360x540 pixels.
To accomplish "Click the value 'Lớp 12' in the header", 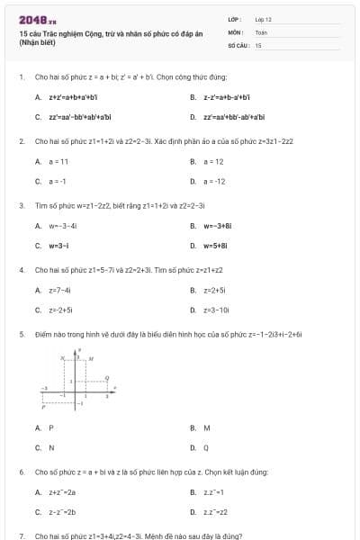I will [x=263, y=19].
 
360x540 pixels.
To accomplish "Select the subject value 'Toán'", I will [x=261, y=31].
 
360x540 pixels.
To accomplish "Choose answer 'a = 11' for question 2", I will [x=59, y=161].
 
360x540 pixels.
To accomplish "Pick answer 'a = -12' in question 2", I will [x=215, y=181].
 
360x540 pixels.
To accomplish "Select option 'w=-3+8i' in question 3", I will [x=217, y=225].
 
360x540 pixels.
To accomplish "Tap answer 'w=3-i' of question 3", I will [x=59, y=245].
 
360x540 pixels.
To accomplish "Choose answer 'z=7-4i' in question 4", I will [x=60, y=290].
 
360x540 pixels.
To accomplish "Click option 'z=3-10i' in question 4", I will [x=217, y=310].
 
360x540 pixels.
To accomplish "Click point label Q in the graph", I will [x=107, y=377].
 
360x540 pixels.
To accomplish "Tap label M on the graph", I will [x=92, y=358].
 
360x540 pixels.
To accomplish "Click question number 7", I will [x=21, y=535].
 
